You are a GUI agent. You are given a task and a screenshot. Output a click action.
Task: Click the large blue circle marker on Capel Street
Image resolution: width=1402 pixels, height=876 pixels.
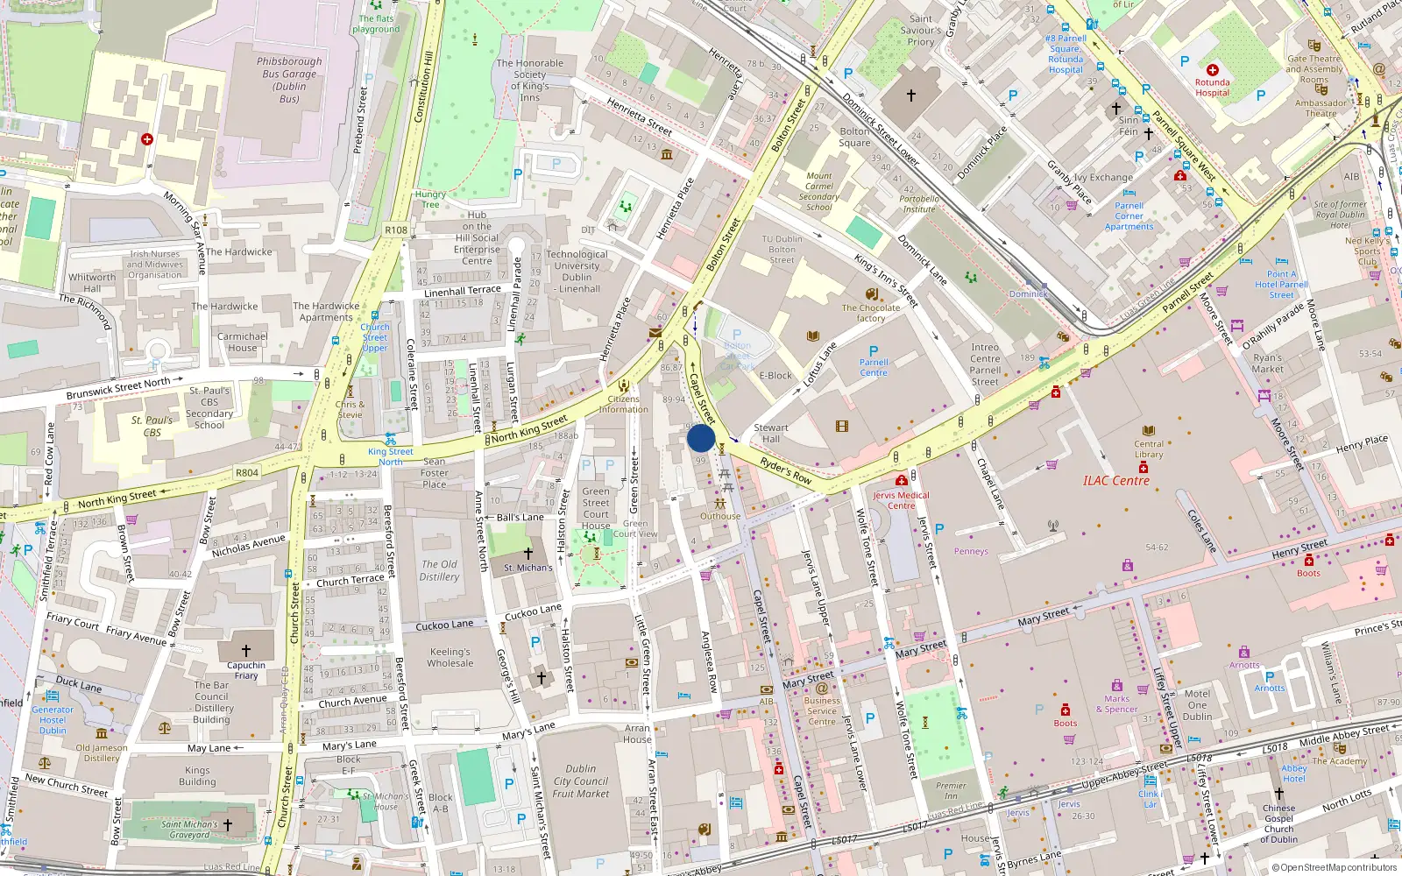coord(701,438)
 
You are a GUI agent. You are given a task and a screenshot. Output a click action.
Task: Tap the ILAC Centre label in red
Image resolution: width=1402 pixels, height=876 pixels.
coord(1115,480)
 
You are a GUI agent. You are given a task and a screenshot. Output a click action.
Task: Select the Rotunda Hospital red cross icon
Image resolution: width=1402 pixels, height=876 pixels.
coord(1213,70)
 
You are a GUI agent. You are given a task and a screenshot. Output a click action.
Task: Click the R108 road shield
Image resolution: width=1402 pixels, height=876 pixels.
coord(396,230)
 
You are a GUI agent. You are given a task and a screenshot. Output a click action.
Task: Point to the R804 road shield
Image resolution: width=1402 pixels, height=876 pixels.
coord(247,473)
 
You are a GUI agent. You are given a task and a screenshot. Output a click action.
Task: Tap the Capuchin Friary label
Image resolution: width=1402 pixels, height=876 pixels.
coord(246,670)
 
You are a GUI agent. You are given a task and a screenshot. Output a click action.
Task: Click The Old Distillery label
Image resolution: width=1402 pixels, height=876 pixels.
coord(439,570)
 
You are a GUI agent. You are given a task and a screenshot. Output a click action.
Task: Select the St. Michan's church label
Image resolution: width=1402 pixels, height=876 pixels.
coord(528,568)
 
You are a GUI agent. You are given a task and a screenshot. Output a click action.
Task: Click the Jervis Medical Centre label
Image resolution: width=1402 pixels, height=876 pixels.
coord(901,500)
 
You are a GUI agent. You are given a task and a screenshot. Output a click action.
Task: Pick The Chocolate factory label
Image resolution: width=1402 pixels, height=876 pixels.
coord(870,313)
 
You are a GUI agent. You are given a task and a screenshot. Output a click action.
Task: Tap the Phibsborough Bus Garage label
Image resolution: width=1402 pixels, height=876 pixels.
coord(289,80)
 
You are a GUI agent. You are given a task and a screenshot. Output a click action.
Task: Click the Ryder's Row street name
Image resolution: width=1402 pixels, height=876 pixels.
coord(786,470)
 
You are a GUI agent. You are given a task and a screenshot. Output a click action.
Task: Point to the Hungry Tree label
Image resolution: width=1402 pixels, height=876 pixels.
coord(430,199)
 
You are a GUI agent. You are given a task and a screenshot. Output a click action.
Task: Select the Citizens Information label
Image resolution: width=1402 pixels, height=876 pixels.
coord(623,404)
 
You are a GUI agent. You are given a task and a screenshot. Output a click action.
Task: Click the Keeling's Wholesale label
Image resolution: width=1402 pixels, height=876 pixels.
coord(450,657)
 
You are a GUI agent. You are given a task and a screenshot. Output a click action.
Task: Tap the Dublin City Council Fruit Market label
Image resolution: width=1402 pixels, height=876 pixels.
coord(580,781)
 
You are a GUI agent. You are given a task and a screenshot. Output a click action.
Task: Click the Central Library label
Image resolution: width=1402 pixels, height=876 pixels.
coord(1149,449)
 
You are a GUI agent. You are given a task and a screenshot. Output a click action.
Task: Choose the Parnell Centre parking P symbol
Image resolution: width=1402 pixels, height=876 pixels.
coord(874,350)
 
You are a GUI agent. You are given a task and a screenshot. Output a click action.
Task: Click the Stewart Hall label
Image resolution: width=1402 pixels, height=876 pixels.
coord(771,433)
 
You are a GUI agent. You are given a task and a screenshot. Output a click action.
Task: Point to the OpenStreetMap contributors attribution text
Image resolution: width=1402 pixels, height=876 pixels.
coord(1335,867)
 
